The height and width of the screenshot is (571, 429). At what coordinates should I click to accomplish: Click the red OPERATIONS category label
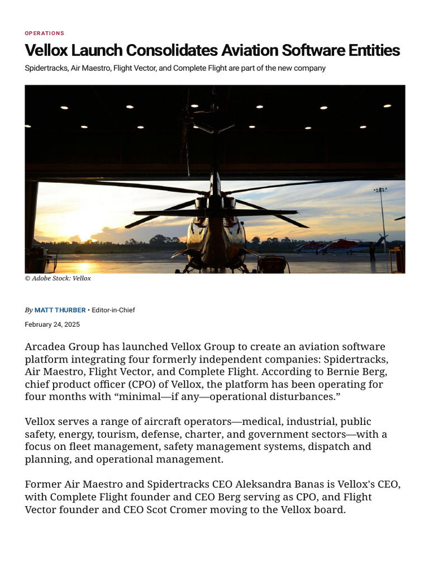45,33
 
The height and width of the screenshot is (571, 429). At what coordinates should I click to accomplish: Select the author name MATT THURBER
60,310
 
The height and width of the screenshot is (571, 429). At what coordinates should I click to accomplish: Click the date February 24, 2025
53,324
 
